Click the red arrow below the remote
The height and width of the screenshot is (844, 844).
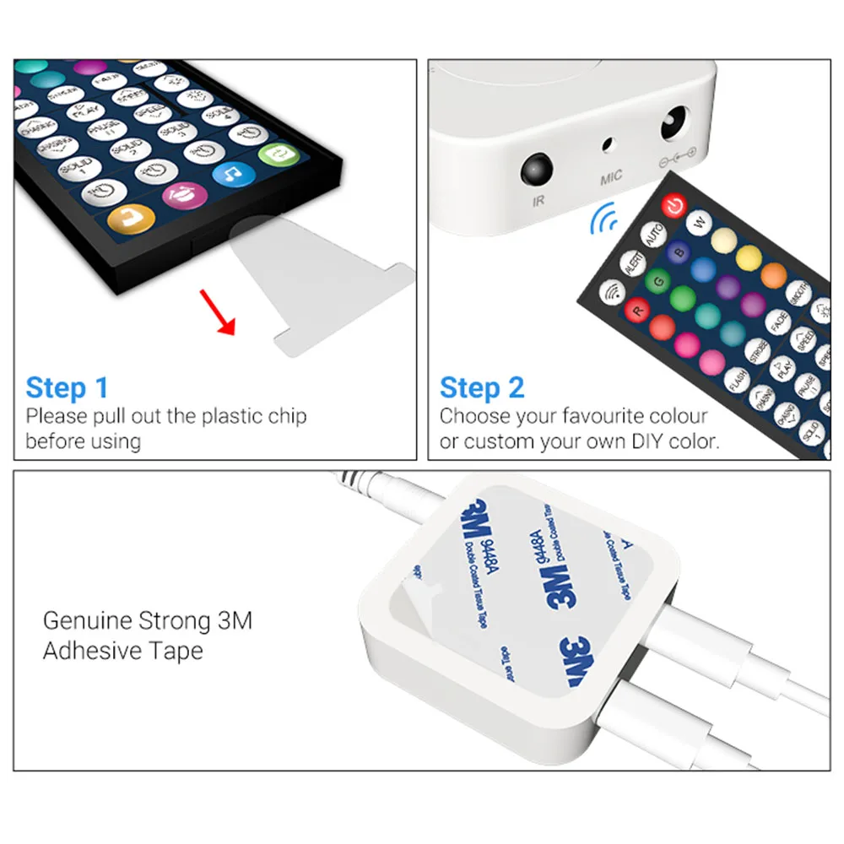tap(217, 311)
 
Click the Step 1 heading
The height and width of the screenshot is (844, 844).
tap(67, 387)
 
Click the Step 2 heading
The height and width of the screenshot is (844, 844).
tap(482, 387)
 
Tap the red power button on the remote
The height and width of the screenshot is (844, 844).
tap(673, 204)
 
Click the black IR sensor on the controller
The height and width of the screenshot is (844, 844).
tap(537, 170)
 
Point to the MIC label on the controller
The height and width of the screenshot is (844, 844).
tap(610, 176)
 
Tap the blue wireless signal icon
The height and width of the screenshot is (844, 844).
tap(603, 221)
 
